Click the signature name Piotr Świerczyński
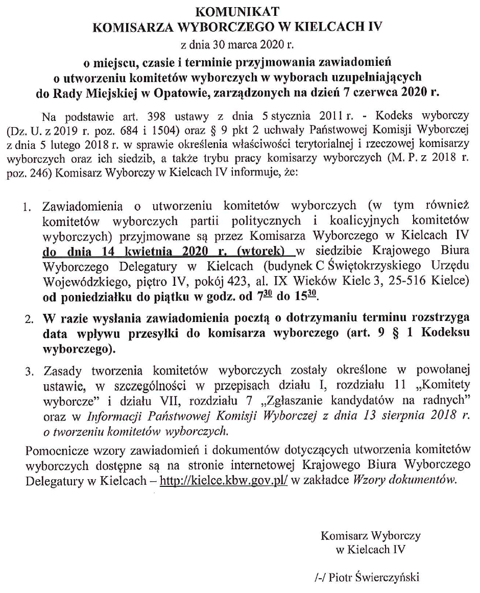coord(374,577)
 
